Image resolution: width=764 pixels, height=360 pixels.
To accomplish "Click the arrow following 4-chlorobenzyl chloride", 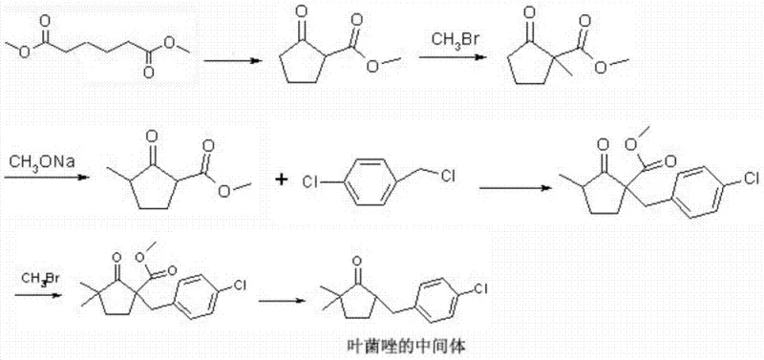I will point(507,187).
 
